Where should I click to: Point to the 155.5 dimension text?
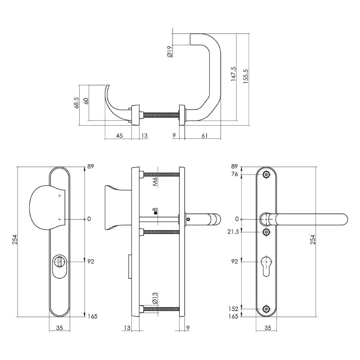[246, 76]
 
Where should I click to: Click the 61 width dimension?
[204, 135]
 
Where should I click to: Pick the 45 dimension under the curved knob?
[120, 135]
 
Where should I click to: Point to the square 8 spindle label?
[155, 211]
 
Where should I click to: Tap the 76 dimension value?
[234, 175]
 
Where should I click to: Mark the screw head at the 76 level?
[266, 175]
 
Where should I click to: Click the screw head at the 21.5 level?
[266, 232]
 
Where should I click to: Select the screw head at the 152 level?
[266, 309]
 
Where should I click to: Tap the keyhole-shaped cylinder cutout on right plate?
[266, 265]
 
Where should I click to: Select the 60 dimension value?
[86, 101]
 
